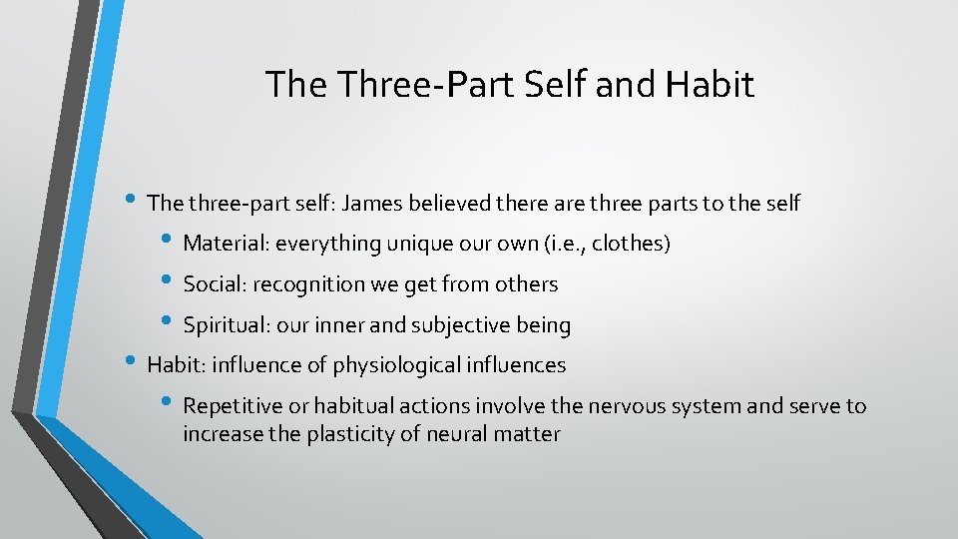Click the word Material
click(227, 244)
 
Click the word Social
click(215, 284)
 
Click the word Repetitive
click(232, 406)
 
